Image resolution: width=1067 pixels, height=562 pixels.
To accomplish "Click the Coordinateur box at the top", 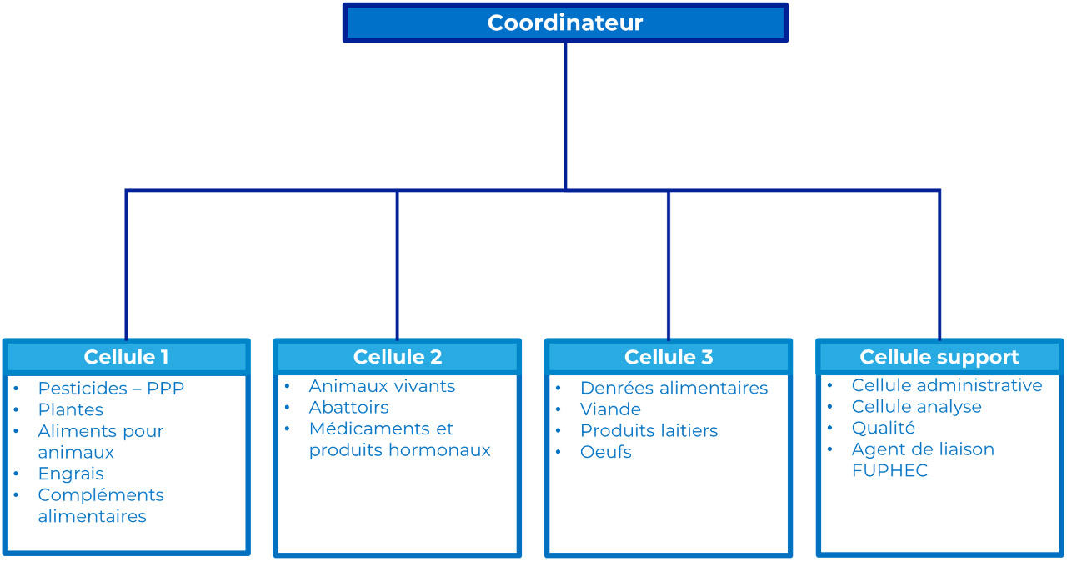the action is (x=565, y=23).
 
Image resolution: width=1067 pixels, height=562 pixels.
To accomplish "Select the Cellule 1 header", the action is (x=126, y=357).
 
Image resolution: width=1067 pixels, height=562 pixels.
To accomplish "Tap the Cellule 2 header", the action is (x=398, y=357).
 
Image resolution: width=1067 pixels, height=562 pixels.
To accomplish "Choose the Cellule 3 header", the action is (x=669, y=357).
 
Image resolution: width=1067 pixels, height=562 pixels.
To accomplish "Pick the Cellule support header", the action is (x=939, y=357).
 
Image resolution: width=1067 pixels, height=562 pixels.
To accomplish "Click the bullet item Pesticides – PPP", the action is (x=111, y=389).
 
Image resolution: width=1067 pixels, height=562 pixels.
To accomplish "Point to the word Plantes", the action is (x=71, y=409).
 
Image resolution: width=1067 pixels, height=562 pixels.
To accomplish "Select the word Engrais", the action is (x=71, y=474).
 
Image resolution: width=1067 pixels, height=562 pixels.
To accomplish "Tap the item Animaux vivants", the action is (x=382, y=386).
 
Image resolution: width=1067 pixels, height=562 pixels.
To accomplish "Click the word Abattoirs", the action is (x=349, y=408).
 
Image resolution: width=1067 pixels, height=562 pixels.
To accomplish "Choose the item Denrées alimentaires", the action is (x=674, y=389).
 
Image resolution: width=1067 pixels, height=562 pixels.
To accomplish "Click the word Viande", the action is (x=611, y=409).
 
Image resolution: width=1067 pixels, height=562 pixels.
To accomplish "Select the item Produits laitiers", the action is (x=649, y=430).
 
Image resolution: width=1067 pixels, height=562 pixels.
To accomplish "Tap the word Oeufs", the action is (x=606, y=452).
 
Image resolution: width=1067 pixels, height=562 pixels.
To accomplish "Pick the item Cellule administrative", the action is (x=947, y=385).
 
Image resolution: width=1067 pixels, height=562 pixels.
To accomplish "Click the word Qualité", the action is (x=884, y=428).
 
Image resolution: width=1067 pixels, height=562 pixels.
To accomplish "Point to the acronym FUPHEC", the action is (x=889, y=471).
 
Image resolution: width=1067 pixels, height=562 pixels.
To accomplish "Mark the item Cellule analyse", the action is (x=917, y=407).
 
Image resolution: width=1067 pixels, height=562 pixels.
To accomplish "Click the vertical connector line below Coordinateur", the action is (x=565, y=116).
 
